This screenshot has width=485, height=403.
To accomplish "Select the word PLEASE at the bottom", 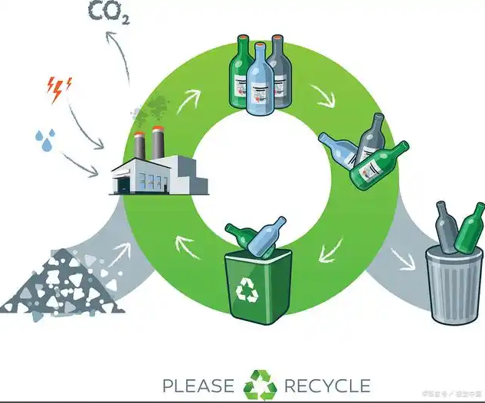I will (x=198, y=385).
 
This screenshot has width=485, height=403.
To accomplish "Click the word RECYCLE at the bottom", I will (x=326, y=385).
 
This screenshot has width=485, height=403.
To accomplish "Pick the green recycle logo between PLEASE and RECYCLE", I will (x=260, y=385).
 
